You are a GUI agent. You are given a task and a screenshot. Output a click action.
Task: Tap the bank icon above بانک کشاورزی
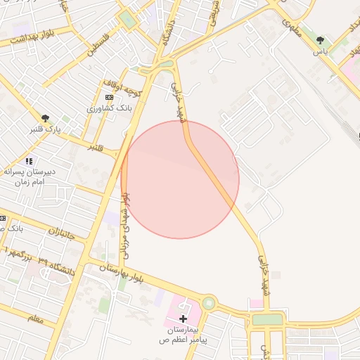pos(108,97)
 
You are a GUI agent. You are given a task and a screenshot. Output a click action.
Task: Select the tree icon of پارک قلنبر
pos(46,117)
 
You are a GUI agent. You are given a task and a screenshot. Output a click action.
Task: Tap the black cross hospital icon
pos(184,319)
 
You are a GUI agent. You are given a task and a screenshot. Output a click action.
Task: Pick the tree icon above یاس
pos(321,41)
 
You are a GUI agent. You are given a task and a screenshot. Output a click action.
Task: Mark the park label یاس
pos(321,53)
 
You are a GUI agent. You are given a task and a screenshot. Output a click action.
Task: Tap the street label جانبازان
pos(66,234)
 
